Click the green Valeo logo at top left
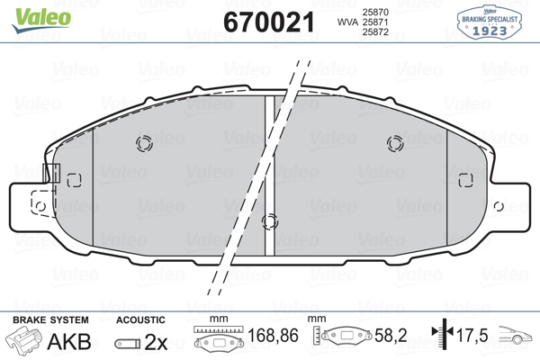pyautogui.click(x=41, y=20)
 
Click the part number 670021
pyautogui.click(x=269, y=22)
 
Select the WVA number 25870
pyautogui.click(x=375, y=12)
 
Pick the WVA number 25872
pyautogui.click(x=375, y=32)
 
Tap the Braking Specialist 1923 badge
pyautogui.click(x=490, y=22)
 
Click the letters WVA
pyautogui.click(x=347, y=22)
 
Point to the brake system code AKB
pyautogui.click(x=69, y=341)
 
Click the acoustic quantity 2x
pyautogui.click(x=156, y=342)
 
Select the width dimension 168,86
pyautogui.click(x=273, y=336)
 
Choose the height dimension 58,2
pyautogui.click(x=391, y=336)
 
